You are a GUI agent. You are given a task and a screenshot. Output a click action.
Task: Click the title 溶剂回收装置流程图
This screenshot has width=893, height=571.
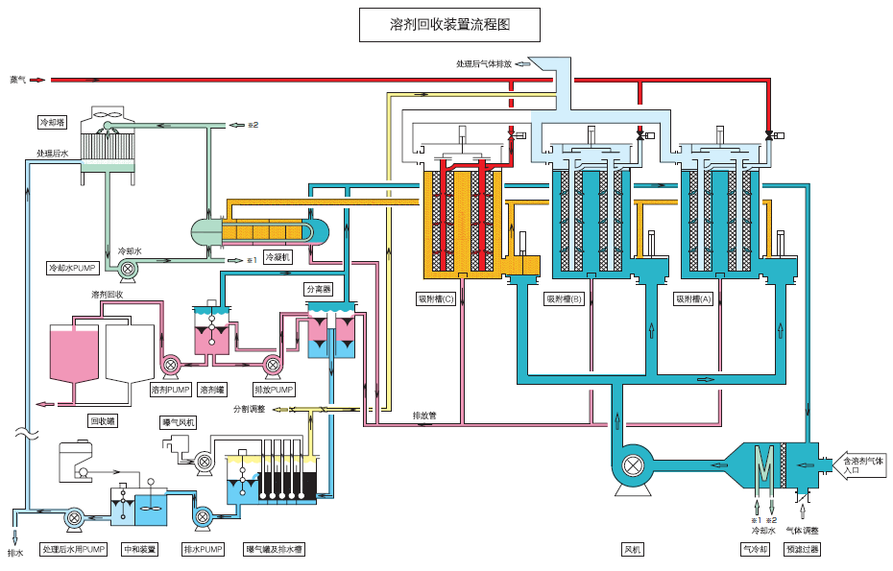pos(448,25)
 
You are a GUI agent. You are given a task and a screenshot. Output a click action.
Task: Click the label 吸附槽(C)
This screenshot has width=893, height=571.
pos(436,298)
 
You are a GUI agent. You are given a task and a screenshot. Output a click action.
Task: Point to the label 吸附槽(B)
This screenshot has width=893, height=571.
pos(565,298)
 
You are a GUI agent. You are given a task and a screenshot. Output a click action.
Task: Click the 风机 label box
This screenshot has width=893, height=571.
pos(632,550)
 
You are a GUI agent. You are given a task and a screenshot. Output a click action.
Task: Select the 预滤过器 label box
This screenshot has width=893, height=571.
pos(802,550)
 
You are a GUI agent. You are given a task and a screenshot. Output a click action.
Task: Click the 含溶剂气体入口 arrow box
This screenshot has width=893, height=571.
pos(861,465)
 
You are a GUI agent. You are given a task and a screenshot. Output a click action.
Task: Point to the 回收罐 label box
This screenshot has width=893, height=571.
pos(103,420)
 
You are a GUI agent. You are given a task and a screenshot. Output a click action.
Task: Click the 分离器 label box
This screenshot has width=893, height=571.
pos(318,289)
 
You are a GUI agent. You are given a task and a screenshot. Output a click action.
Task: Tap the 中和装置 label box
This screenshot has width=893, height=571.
pos(140,550)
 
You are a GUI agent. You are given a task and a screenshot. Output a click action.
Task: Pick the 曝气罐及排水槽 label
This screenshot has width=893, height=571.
pos(275,550)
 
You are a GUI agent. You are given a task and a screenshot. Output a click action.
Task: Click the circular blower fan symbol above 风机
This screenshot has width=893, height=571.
pos(632,466)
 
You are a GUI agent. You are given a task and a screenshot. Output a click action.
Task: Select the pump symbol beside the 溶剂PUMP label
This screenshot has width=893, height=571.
pos(170,364)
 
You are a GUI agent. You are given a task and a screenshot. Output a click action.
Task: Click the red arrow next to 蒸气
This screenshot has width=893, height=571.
pos(37,80)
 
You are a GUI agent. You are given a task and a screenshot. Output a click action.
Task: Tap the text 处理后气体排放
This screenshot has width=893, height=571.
pos(484,63)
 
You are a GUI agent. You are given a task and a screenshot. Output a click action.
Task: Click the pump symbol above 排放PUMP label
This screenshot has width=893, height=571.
pos(272,364)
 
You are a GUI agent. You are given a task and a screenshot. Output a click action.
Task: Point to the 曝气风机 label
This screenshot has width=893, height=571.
pos(179,422)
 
